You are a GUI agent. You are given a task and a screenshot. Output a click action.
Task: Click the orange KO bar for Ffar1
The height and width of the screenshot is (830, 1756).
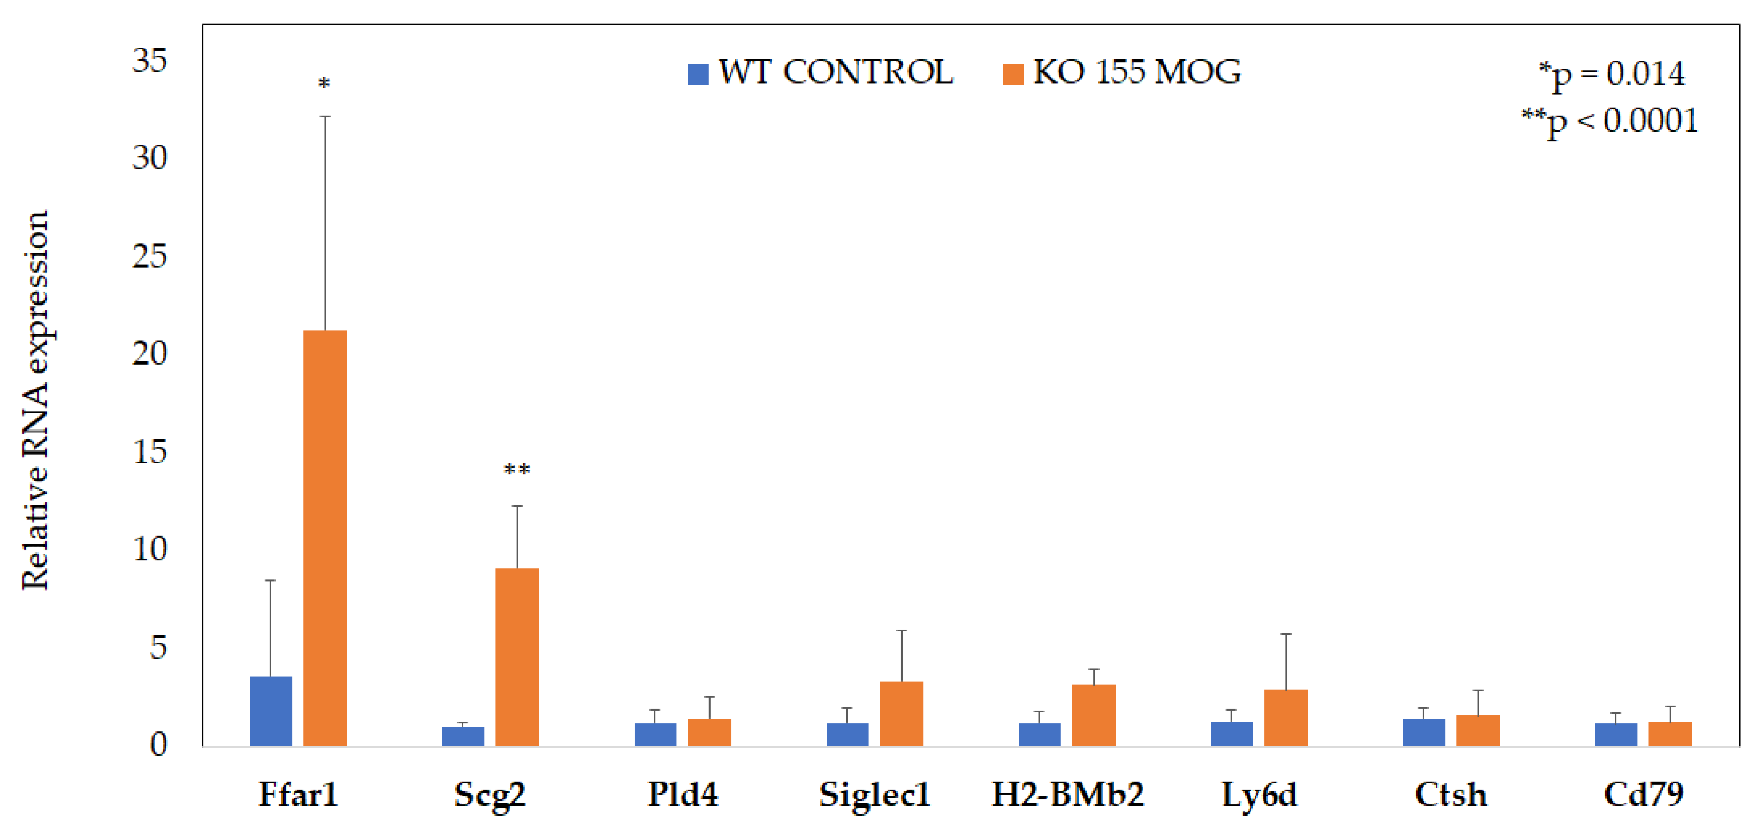point(325,538)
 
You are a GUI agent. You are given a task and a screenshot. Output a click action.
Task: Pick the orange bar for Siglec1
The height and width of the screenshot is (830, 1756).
point(901,713)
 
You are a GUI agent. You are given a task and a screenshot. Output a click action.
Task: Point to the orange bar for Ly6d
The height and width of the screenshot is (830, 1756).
point(1286,718)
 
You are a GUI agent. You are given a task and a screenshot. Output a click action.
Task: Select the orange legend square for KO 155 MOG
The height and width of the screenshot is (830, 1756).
point(1013,74)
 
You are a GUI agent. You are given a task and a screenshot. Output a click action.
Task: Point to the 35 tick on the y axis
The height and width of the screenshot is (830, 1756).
point(149,61)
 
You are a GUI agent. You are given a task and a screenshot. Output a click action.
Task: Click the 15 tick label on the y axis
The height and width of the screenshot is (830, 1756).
point(149,451)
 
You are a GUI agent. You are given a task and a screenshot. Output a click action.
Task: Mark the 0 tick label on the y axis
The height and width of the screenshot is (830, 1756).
point(158,744)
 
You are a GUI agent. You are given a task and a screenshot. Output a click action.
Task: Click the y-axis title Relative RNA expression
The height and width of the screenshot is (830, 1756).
point(35,401)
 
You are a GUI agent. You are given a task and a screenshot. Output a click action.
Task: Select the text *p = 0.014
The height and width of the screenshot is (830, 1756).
point(1612,74)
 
